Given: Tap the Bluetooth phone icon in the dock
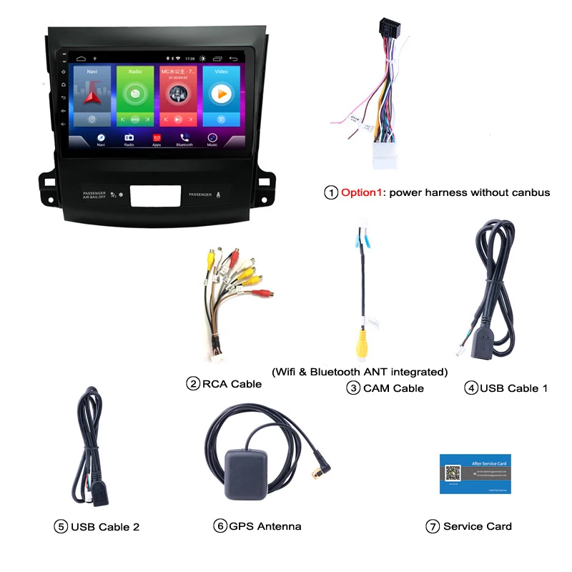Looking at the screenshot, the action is tap(184, 138).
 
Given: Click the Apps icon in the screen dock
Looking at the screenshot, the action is tap(157, 138).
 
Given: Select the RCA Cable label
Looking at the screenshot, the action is tap(232, 384).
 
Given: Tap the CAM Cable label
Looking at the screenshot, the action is tap(393, 388).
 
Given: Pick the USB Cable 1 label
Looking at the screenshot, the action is tap(513, 388).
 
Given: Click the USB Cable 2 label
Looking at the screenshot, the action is tap(104, 527).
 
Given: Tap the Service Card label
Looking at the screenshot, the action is tap(477, 526).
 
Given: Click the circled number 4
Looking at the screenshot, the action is tap(470, 388).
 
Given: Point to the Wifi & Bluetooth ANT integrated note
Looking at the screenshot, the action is tap(360, 372).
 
